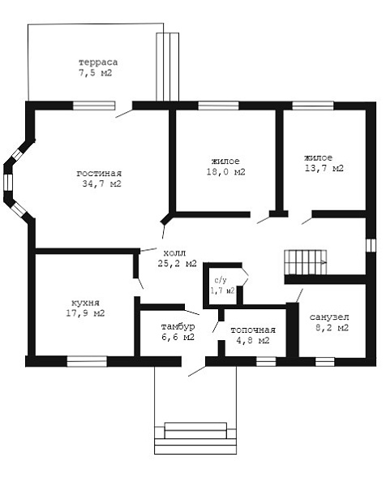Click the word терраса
click(x=98, y=62)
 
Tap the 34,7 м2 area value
click(x=102, y=183)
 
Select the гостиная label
click(x=99, y=174)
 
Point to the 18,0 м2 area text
click(x=226, y=172)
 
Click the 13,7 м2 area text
click(x=324, y=168)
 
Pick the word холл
click(x=174, y=252)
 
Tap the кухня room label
click(x=85, y=303)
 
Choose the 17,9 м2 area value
click(x=85, y=312)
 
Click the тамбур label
click(x=178, y=327)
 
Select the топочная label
click(x=253, y=330)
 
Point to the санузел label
click(x=329, y=317)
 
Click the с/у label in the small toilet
click(x=221, y=281)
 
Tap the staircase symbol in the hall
click(x=306, y=262)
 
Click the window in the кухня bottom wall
click(x=87, y=361)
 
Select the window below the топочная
click(x=266, y=361)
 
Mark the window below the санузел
click(x=325, y=362)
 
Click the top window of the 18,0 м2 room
click(x=218, y=106)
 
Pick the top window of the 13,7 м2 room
click(x=313, y=106)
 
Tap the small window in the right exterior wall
click(x=371, y=245)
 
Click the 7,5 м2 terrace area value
click(x=95, y=73)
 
